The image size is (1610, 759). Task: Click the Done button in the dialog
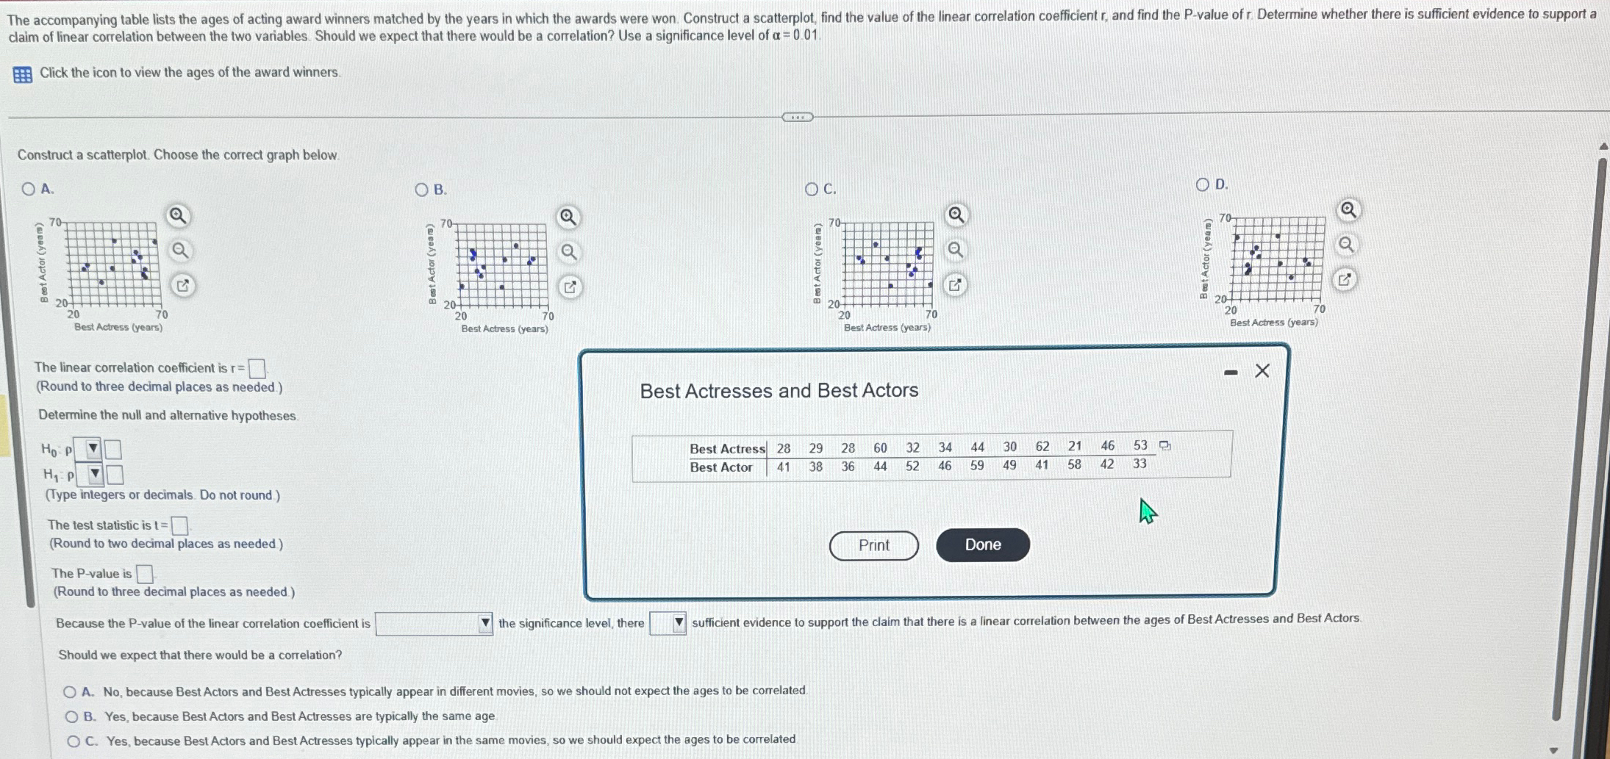982,544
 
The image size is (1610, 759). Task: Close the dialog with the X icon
1262,371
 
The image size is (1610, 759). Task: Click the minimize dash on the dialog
1231,373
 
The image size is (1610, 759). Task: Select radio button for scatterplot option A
29,189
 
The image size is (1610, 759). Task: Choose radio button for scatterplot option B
421,190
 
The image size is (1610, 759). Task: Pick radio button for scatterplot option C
812,189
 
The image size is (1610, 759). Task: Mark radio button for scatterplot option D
1203,184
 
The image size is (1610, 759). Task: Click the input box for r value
257,368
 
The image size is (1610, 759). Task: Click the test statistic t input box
179,525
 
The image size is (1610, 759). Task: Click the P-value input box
145,574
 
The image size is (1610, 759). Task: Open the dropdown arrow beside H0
93,448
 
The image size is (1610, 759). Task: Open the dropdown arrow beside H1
95,475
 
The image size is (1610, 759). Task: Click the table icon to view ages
23,74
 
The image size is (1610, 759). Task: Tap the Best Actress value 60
880,447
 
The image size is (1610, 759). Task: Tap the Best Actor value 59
977,465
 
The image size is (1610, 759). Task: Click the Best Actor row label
720,467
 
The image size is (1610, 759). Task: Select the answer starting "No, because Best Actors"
71,692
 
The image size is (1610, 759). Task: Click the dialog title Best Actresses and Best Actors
779,391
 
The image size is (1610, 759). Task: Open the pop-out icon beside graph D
1344,279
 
